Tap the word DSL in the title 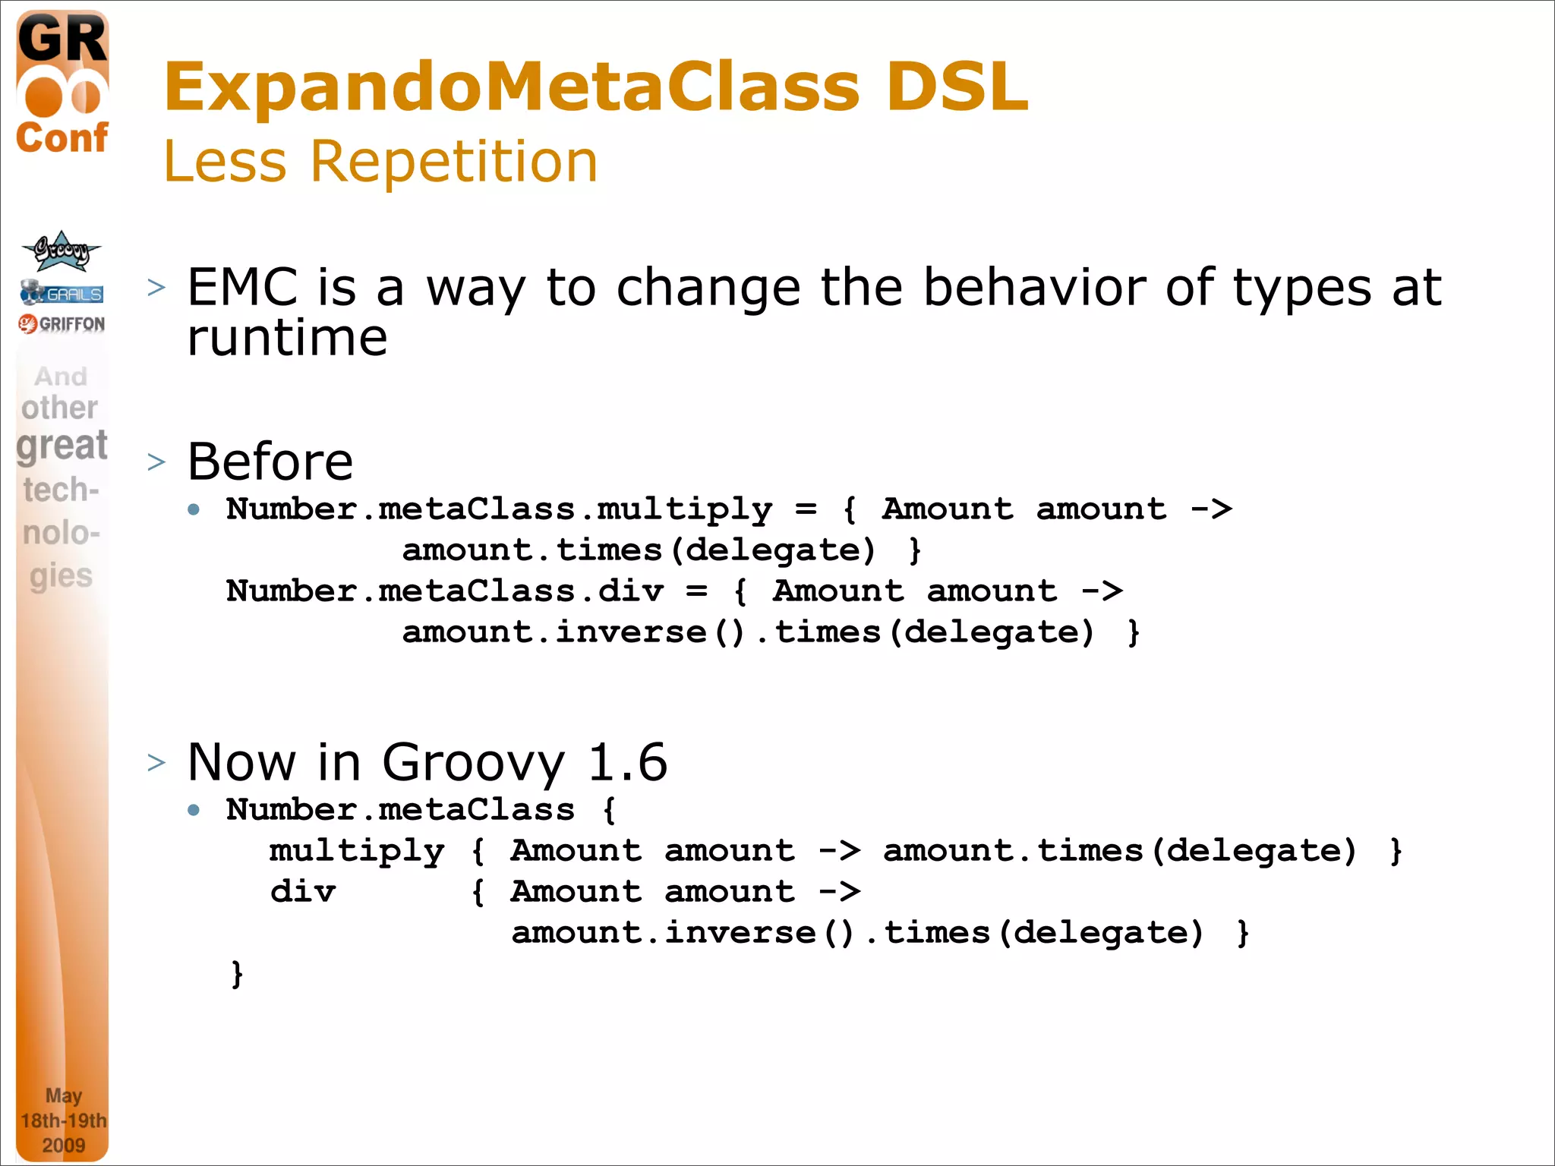point(957,87)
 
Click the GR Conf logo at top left point(62,84)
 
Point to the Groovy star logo point(61,251)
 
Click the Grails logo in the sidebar point(62,293)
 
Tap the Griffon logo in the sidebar point(62,324)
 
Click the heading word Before point(270,462)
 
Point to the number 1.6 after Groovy point(627,762)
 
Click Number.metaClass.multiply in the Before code point(499,509)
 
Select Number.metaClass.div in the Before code point(445,591)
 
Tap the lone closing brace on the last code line point(237,974)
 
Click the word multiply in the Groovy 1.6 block point(357,851)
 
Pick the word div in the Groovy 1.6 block point(303,892)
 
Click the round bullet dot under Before point(194,509)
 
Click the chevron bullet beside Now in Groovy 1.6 point(156,762)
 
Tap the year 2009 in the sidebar point(63,1145)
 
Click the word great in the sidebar point(62,446)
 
